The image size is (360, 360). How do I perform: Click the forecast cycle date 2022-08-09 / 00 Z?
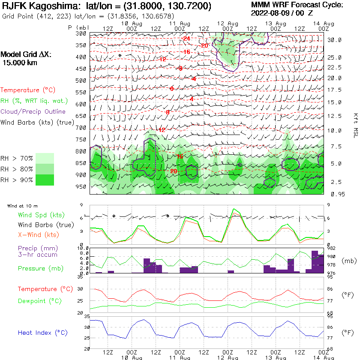point(282,13)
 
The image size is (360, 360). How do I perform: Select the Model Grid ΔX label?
point(25,54)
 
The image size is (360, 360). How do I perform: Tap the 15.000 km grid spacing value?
point(20,63)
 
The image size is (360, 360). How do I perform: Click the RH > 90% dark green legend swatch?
point(45,180)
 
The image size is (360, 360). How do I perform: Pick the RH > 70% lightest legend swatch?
point(45,158)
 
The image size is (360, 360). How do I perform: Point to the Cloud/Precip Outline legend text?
point(33,111)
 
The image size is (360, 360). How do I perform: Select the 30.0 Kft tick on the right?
point(334,40)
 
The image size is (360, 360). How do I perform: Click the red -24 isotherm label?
point(186,39)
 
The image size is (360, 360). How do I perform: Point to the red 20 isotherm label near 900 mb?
point(174,171)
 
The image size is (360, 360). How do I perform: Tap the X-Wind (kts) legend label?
point(38,234)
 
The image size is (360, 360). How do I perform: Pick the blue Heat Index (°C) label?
point(42,333)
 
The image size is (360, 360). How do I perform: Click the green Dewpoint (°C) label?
point(40,301)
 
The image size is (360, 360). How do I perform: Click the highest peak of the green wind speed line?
point(233,209)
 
